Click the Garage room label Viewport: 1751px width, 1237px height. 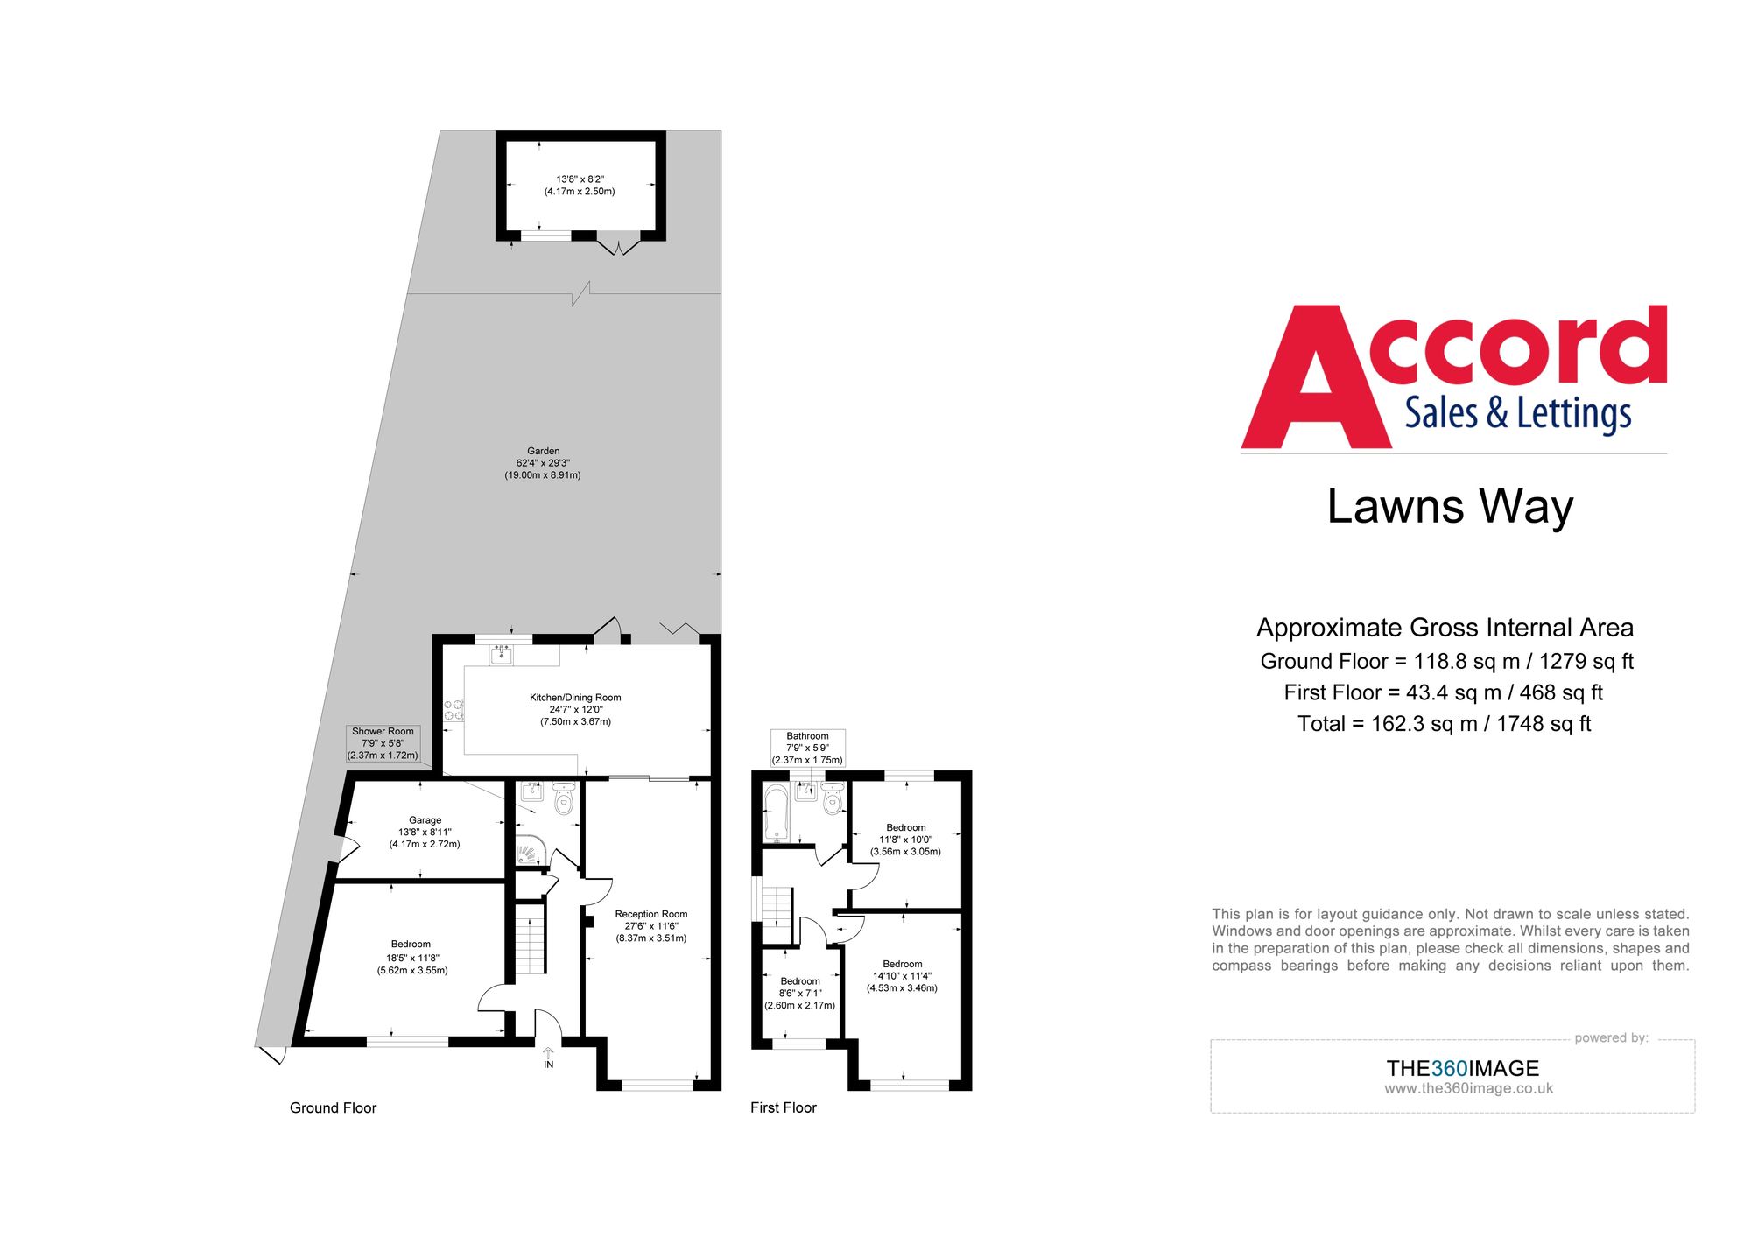pyautogui.click(x=425, y=820)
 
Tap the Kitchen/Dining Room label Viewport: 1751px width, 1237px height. pyautogui.click(x=575, y=698)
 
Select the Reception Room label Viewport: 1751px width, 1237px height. pyautogui.click(x=650, y=914)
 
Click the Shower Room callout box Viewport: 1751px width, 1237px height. pyautogui.click(x=383, y=743)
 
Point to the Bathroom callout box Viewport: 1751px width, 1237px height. pyautogui.click(x=807, y=748)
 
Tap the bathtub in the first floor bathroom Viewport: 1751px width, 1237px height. pyautogui.click(x=776, y=812)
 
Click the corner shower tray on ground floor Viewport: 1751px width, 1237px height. pyautogui.click(x=530, y=850)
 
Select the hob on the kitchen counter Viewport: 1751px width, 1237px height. pyautogui.click(x=454, y=710)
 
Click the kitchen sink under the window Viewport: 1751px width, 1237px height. pyautogui.click(x=501, y=654)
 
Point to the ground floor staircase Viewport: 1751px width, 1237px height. pyautogui.click(x=530, y=941)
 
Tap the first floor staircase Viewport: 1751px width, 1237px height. pyautogui.click(x=776, y=905)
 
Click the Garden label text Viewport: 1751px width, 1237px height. pyautogui.click(x=543, y=451)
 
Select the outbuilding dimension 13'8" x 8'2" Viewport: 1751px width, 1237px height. pyautogui.click(x=580, y=179)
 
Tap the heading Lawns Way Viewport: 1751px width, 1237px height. pyautogui.click(x=1450, y=507)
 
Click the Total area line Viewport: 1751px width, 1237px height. pyautogui.click(x=1444, y=724)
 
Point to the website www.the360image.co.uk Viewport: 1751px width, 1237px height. pyautogui.click(x=1468, y=1088)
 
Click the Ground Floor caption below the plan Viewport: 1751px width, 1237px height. pyautogui.click(x=333, y=1107)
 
